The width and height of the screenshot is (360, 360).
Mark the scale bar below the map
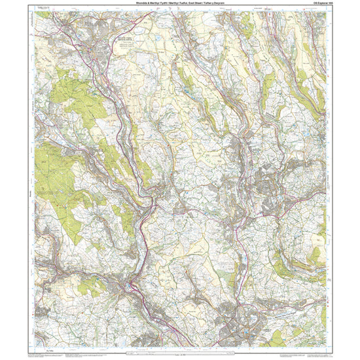coord(179,354)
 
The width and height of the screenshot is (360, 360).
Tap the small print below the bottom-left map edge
coord(46,353)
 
